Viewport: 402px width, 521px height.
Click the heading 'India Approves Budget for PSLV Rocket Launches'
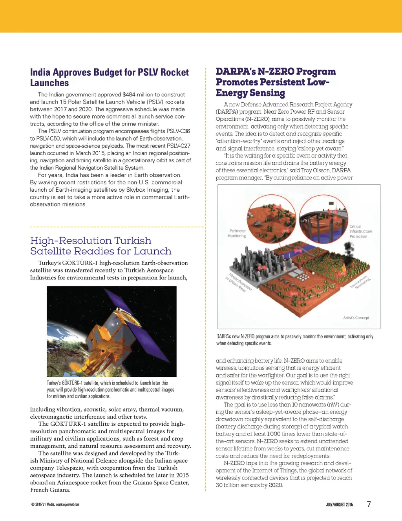pyautogui.click(x=109, y=78)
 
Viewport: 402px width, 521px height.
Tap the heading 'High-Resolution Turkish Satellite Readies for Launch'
pyautogui.click(x=101, y=246)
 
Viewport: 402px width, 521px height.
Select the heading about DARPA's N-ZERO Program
pyautogui.click(x=276, y=82)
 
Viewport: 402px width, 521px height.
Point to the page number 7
pyautogui.click(x=369, y=504)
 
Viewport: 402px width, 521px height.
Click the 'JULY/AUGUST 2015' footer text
pyautogui.click(x=339, y=505)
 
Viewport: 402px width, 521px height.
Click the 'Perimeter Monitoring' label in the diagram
pyautogui.click(x=237, y=233)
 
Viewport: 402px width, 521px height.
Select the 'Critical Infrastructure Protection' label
pyautogui.click(x=360, y=231)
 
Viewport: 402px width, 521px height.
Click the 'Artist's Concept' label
pyautogui.click(x=356, y=318)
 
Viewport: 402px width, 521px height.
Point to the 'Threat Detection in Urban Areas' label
pyautogui.click(x=239, y=283)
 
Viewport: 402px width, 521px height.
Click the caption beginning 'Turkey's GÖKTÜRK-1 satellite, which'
pyautogui.click(x=110, y=390)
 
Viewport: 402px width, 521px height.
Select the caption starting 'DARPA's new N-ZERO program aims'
pyautogui.click(x=294, y=340)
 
